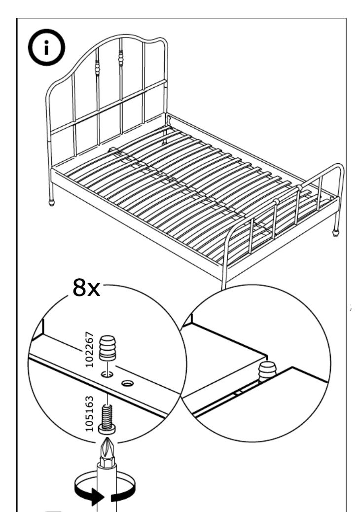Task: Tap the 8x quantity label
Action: point(86,288)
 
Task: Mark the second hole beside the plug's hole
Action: point(128,382)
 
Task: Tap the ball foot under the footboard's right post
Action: point(336,231)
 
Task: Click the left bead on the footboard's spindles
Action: point(276,202)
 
